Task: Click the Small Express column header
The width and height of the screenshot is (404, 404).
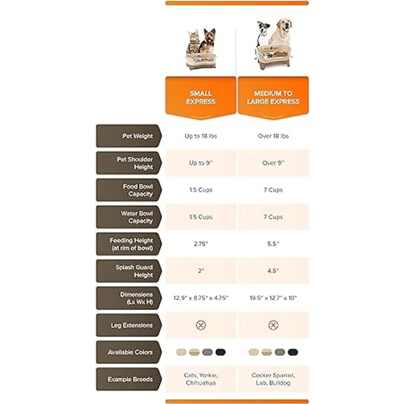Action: point(201,97)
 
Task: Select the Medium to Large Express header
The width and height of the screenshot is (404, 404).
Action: point(273,97)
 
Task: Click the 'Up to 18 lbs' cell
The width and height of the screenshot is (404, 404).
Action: point(201,136)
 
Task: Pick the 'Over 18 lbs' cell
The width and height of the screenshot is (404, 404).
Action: point(273,136)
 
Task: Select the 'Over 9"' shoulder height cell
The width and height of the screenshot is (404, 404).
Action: point(273,163)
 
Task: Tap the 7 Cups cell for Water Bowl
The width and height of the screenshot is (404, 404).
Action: point(273,217)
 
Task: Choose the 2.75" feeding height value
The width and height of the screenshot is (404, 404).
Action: point(201,244)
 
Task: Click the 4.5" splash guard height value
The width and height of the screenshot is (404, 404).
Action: point(273,271)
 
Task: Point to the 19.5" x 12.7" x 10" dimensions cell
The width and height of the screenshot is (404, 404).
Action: point(273,298)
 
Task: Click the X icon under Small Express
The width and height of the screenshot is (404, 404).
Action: point(201,325)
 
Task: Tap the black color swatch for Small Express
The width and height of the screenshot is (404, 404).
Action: point(221,352)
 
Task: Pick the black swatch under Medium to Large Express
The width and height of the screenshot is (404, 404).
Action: point(293,352)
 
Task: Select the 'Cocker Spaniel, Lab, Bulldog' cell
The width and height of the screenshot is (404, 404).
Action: point(273,379)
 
